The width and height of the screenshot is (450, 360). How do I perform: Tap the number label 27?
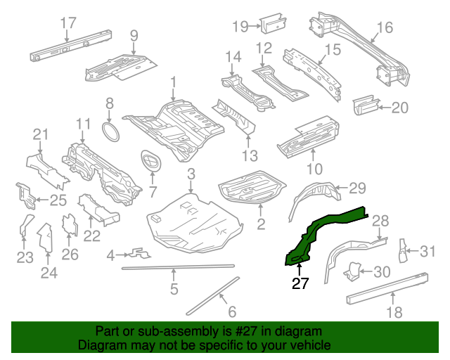(x=300, y=283)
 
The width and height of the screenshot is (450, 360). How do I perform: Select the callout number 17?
(x=67, y=22)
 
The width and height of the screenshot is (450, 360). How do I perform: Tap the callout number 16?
(x=385, y=27)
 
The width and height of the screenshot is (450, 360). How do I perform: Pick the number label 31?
(x=428, y=250)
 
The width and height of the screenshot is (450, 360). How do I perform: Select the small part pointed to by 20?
(x=364, y=105)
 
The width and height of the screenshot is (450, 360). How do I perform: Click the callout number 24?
(x=49, y=273)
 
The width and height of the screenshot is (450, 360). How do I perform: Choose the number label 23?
(x=25, y=258)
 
